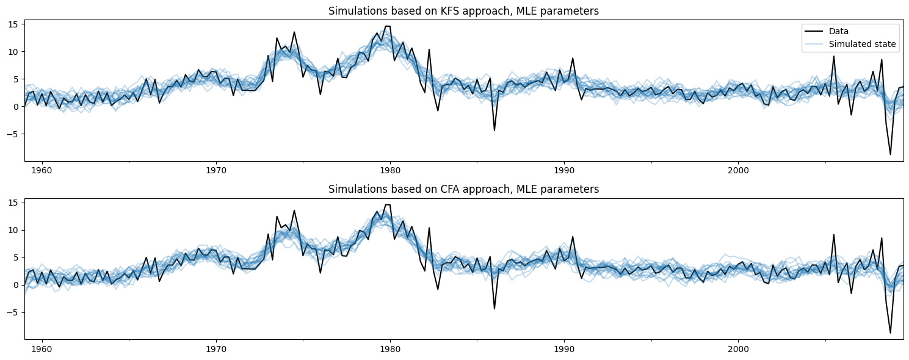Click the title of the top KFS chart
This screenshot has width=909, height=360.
[463, 11]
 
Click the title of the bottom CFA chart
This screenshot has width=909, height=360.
[463, 189]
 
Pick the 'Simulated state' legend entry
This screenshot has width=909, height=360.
[862, 44]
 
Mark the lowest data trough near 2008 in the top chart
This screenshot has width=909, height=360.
[890, 154]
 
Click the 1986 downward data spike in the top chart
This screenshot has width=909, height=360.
[494, 130]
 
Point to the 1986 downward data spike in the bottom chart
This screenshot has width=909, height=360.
[494, 308]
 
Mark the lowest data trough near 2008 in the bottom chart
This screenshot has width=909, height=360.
[890, 333]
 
